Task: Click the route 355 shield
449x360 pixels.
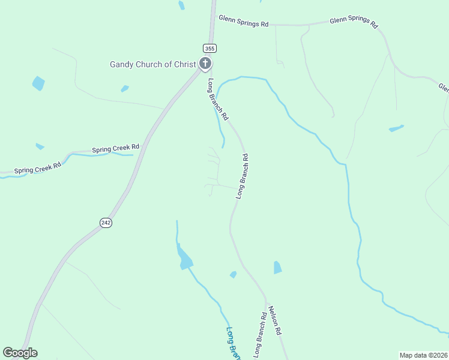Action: click(x=209, y=48)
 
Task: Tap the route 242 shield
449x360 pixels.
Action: click(x=106, y=223)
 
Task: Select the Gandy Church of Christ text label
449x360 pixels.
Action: click(x=153, y=64)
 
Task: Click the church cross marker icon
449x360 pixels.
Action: click(x=205, y=63)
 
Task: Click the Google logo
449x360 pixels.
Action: click(x=20, y=353)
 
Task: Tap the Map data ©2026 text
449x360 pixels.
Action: click(x=423, y=355)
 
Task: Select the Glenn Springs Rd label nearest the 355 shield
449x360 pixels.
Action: click(x=243, y=21)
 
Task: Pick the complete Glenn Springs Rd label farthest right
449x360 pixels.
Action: click(x=354, y=23)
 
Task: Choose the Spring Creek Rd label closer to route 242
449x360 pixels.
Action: click(x=115, y=148)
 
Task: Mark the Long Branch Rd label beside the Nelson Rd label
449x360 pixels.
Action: click(x=260, y=335)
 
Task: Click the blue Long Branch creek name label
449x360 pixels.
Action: click(x=234, y=343)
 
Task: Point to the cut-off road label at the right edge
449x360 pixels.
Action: click(x=444, y=88)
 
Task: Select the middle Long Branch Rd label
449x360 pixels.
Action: click(x=243, y=176)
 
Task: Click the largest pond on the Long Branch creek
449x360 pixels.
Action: click(x=184, y=259)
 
